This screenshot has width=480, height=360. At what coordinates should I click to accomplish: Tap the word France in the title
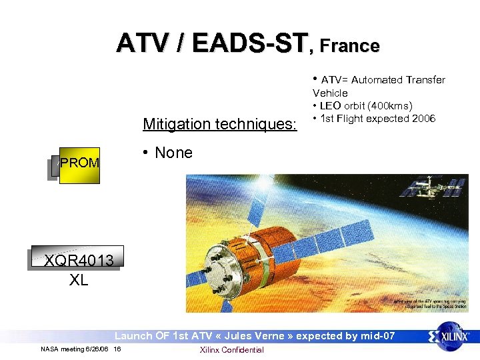[349, 45]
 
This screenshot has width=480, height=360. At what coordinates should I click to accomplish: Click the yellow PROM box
[79, 163]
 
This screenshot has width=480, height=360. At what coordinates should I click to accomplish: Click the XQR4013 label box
[79, 259]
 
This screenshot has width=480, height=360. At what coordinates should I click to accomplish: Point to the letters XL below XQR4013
[79, 280]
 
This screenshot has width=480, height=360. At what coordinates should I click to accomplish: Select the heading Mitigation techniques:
[220, 123]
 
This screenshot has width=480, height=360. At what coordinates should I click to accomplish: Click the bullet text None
[173, 153]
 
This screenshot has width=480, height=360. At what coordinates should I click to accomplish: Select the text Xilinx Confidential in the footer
[231, 350]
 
